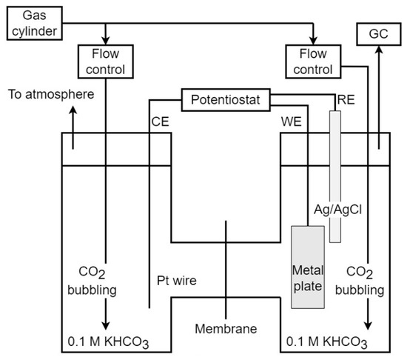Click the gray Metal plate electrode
click(x=308, y=267)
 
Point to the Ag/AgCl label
click(x=337, y=210)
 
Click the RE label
click(x=346, y=100)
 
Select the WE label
click(x=292, y=121)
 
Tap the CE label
click(x=160, y=121)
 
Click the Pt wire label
click(x=177, y=281)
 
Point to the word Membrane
click(x=226, y=329)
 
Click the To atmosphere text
click(x=51, y=94)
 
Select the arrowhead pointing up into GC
click(x=379, y=50)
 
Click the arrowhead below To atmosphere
click(x=73, y=110)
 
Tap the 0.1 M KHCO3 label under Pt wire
click(x=108, y=342)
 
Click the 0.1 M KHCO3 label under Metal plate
click(x=327, y=342)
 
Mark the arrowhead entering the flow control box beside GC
click(x=313, y=41)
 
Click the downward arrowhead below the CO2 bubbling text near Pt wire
click(x=106, y=326)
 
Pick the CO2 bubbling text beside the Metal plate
click(x=360, y=281)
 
